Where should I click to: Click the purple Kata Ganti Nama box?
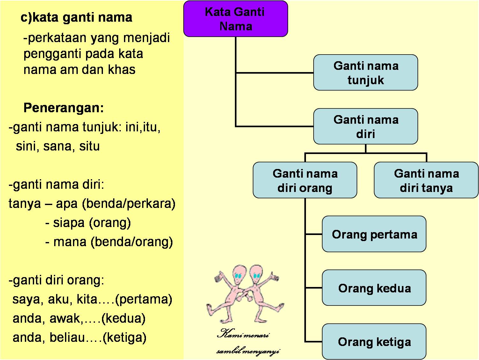coord(236,19)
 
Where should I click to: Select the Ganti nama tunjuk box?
coord(366,73)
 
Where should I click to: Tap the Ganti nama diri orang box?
coord(305,180)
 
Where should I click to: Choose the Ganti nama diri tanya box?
coord(426,180)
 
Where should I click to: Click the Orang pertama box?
coord(374,234)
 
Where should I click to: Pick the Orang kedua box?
coord(374,288)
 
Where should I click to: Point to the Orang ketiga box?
coord(374,342)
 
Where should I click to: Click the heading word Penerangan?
coord(64,108)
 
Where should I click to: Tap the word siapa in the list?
coord(69,223)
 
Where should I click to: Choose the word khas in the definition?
coord(122,70)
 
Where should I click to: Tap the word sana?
coord(57,146)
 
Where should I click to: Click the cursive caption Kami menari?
coord(243,335)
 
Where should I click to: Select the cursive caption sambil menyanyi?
coord(248,351)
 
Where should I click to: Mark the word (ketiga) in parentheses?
coord(125,337)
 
